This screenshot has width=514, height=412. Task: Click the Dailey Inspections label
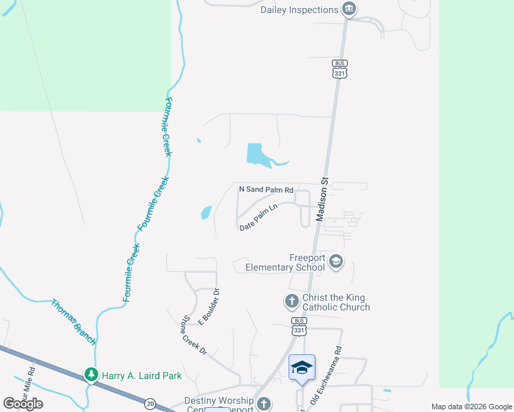pyautogui.click(x=300, y=10)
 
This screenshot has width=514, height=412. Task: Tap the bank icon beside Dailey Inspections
pyautogui.click(x=349, y=9)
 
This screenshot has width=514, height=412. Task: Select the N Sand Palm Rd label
pyautogui.click(x=266, y=189)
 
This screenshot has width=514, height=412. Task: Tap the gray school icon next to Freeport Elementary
pyautogui.click(x=336, y=261)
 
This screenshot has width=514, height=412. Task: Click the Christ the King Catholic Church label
pyautogui.click(x=336, y=302)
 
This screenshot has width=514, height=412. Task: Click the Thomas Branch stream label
pyautogui.click(x=74, y=321)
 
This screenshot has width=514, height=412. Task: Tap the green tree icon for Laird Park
pyautogui.click(x=91, y=374)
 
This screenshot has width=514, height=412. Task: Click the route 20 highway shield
pyautogui.click(x=150, y=404)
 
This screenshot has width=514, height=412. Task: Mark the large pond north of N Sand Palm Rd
pyautogui.click(x=256, y=153)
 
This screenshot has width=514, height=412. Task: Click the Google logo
pyautogui.click(x=23, y=404)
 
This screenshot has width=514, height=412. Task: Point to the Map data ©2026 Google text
pyautogui.click(x=471, y=407)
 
